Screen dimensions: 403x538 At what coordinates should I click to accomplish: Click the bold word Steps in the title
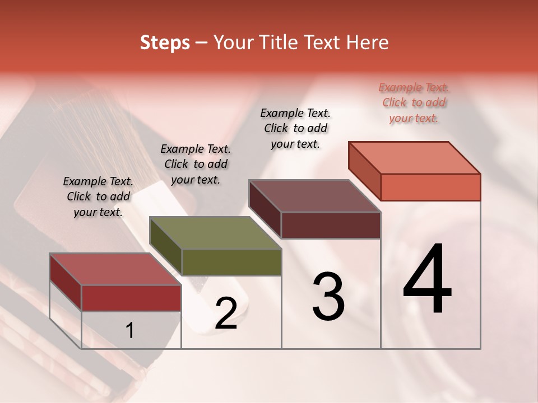pyautogui.click(x=165, y=43)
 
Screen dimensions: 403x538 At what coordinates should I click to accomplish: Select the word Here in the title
pyautogui.click(x=368, y=43)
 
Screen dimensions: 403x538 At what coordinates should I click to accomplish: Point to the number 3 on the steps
pyautogui.click(x=328, y=297)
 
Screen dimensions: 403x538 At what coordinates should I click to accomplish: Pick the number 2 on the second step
pyautogui.click(x=226, y=314)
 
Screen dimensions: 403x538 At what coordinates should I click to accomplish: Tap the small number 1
pyautogui.click(x=129, y=331)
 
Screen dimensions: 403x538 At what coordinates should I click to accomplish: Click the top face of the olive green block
pyautogui.click(x=215, y=233)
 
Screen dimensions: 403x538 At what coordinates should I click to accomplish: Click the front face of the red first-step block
pyautogui.click(x=131, y=298)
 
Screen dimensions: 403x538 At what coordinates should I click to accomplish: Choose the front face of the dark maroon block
pyautogui.click(x=331, y=226)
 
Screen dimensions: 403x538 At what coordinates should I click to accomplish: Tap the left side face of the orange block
pyautogui.click(x=365, y=170)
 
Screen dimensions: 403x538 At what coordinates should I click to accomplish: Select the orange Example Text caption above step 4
pyautogui.click(x=414, y=103)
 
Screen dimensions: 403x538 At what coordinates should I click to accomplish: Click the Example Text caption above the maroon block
pyautogui.click(x=295, y=129)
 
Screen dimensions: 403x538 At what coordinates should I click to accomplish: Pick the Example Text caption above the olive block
pyautogui.click(x=196, y=165)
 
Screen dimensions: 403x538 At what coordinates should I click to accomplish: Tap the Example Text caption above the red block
pyautogui.click(x=98, y=197)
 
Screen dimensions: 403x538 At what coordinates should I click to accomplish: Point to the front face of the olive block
pyautogui.click(x=231, y=263)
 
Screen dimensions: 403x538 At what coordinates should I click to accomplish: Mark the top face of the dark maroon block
pyautogui.click(x=315, y=196)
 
